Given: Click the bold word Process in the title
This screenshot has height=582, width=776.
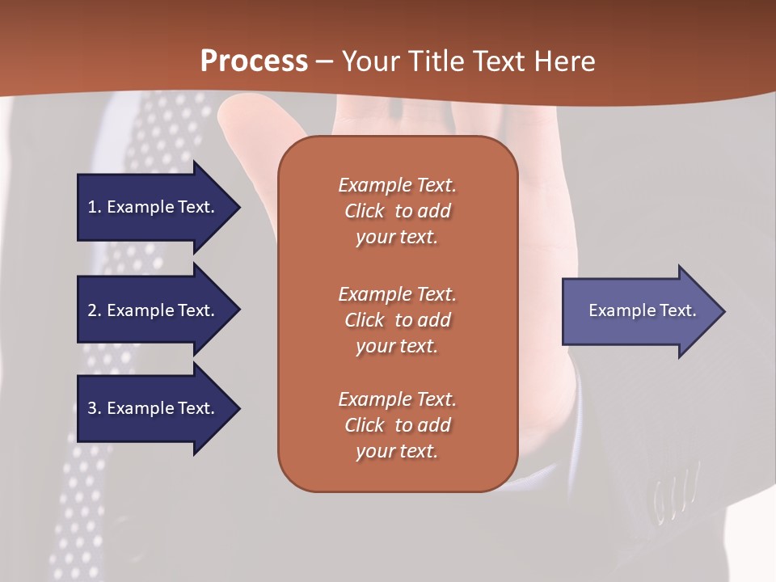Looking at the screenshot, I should pos(254,61).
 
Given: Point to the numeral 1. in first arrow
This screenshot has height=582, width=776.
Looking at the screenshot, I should pos(95,207).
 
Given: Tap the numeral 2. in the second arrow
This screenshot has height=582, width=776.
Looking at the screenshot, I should pos(95,310).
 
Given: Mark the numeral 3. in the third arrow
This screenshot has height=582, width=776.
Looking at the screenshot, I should pos(95,408).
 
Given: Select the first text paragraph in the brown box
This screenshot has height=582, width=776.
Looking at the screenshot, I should pos(397,211).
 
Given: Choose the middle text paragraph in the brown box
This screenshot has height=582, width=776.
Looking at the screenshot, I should pos(397,320).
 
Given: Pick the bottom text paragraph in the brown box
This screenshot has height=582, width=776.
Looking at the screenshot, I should pos(397,425).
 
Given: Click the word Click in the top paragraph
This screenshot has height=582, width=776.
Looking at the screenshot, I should pos(364,211).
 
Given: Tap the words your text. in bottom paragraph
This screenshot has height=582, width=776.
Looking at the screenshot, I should pos(397,452).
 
